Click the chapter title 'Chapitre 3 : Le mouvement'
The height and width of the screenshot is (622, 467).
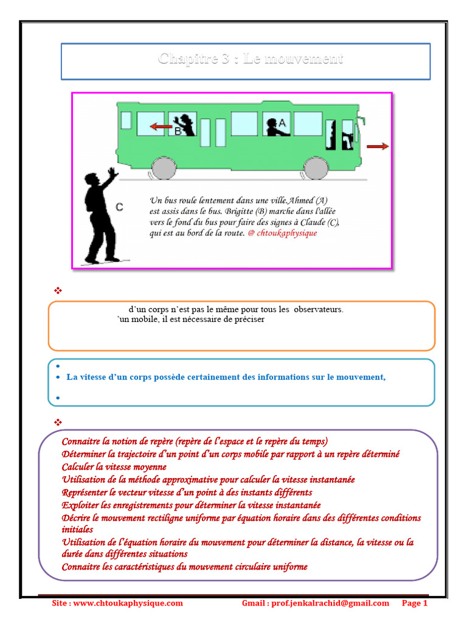(x=250, y=59)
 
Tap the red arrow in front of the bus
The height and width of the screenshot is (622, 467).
(x=378, y=146)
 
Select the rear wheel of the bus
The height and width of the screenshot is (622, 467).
(x=162, y=168)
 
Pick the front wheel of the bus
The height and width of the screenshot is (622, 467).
(x=316, y=168)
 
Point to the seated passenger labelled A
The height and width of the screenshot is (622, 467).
(x=275, y=126)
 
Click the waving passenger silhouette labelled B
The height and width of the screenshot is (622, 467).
(x=185, y=125)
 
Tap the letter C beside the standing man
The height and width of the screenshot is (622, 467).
(x=119, y=208)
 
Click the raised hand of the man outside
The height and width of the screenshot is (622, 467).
(x=112, y=173)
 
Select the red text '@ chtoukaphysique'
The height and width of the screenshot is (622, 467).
(x=282, y=233)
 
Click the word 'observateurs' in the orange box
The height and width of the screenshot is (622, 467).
(x=319, y=309)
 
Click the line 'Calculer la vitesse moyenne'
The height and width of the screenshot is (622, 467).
(x=114, y=467)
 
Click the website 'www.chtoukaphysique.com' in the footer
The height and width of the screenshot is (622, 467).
(x=128, y=603)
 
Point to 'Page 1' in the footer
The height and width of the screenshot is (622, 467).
(x=415, y=603)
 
